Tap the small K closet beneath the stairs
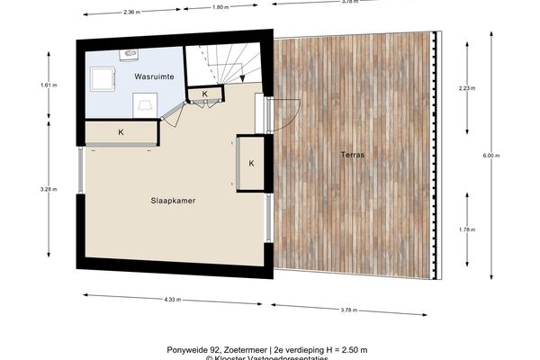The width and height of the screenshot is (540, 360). [204, 94]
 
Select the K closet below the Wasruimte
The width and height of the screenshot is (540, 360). [121, 133]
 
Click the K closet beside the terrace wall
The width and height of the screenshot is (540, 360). [251, 163]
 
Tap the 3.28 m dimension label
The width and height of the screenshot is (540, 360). [49, 191]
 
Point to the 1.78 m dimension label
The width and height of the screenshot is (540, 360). [465, 229]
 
